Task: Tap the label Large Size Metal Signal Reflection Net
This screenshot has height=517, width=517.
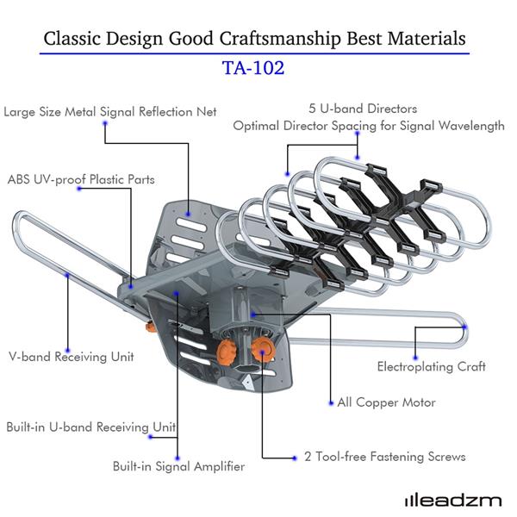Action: [x=110, y=112]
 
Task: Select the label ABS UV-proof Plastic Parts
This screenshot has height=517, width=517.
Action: [x=81, y=180]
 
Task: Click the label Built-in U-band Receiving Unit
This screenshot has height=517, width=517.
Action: [x=91, y=427]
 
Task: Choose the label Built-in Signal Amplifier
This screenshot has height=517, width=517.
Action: [x=178, y=466]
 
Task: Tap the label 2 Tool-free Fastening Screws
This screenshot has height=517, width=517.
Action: [x=384, y=457]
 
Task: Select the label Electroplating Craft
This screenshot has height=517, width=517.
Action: [x=431, y=366]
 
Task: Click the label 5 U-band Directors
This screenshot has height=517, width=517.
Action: [x=363, y=109]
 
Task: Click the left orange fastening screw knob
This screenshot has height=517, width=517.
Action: [x=227, y=350]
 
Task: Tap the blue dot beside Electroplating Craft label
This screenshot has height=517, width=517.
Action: [x=417, y=355]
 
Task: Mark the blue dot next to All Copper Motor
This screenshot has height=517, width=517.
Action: [x=330, y=402]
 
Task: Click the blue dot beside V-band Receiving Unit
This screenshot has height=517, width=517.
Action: [x=66, y=281]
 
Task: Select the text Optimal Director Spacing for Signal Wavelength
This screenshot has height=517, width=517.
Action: [x=369, y=126]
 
